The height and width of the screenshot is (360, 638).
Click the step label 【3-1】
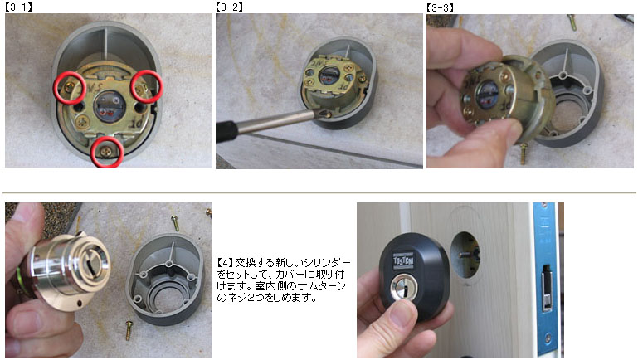(x=18, y=7)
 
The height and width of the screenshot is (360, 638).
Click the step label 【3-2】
(x=229, y=7)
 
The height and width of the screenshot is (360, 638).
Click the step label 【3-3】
(x=440, y=7)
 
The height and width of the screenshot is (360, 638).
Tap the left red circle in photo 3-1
(x=70, y=87)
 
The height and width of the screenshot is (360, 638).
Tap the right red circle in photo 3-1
(x=147, y=85)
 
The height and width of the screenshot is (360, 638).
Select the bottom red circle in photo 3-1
(x=106, y=152)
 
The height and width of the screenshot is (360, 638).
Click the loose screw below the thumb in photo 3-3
(x=524, y=153)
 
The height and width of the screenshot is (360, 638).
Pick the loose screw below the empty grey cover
(x=129, y=330)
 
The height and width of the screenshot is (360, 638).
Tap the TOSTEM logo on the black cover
(x=402, y=261)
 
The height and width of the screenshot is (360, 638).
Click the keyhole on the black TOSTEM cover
(x=404, y=287)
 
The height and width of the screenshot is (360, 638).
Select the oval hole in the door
(x=465, y=255)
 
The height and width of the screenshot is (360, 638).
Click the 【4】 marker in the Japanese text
(x=225, y=262)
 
